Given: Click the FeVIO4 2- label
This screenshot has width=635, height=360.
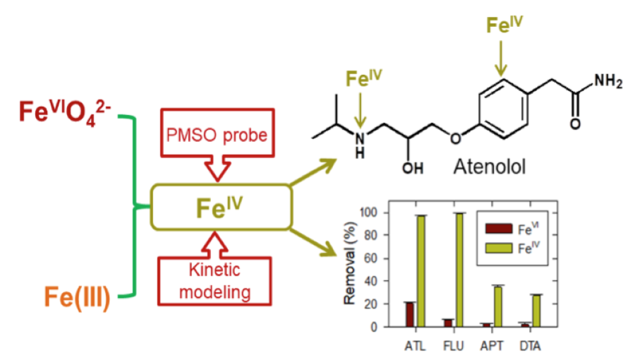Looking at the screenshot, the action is click(x=65, y=112).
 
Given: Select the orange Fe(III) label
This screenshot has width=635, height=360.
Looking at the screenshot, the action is click(x=77, y=297).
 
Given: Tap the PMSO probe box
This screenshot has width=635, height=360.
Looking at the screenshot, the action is click(x=217, y=133).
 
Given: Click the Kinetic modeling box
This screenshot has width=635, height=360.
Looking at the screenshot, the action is click(x=214, y=281).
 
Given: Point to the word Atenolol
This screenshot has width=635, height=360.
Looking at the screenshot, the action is click(x=490, y=167).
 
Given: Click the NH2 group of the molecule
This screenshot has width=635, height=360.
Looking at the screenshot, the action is click(x=608, y=81).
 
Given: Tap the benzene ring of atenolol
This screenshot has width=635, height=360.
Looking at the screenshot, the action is click(x=503, y=109).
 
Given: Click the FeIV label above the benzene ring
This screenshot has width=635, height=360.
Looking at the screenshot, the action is click(x=504, y=25).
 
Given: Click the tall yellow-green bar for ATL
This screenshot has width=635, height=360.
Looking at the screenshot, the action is click(x=421, y=271).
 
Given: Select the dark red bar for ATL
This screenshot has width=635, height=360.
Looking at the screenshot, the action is click(x=410, y=314).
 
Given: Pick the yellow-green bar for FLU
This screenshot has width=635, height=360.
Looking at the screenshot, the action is click(x=459, y=270).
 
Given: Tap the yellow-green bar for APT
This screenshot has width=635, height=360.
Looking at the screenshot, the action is click(x=497, y=306).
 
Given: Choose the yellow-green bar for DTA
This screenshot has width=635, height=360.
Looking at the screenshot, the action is click(x=536, y=311).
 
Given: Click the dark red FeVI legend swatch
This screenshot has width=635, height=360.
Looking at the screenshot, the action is click(x=499, y=229).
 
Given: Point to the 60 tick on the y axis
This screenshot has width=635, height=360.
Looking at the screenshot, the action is click(x=370, y=258).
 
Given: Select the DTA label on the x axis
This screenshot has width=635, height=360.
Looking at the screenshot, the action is click(x=530, y=346).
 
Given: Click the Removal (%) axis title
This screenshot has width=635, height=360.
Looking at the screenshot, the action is click(x=349, y=263).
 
